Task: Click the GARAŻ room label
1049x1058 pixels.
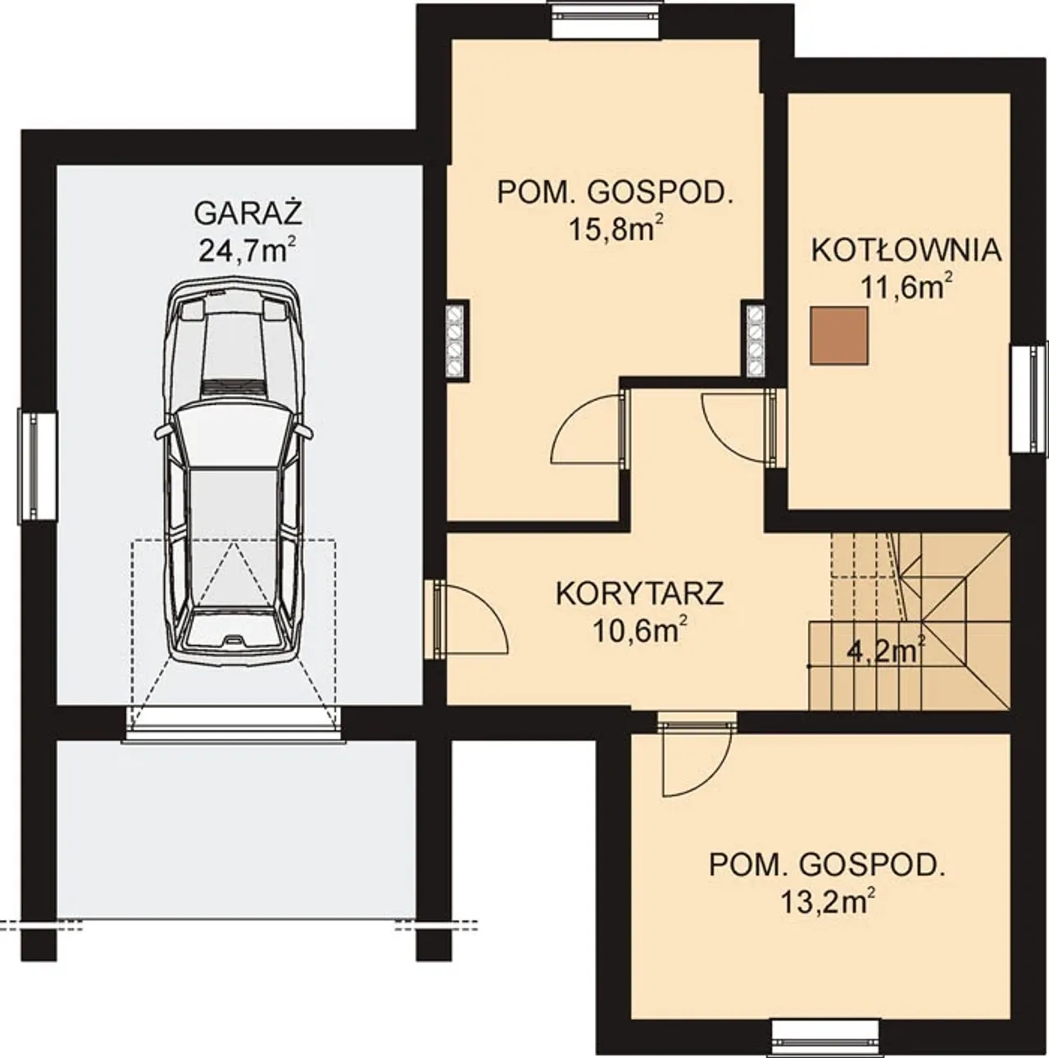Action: pyautogui.click(x=249, y=214)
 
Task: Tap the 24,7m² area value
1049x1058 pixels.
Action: pyautogui.click(x=247, y=250)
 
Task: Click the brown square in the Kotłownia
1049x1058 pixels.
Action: pyautogui.click(x=839, y=335)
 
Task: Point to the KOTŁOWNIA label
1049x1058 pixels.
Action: pyautogui.click(x=906, y=251)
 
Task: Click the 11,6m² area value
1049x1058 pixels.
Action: pyautogui.click(x=906, y=288)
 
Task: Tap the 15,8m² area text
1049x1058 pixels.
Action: pyautogui.click(x=614, y=230)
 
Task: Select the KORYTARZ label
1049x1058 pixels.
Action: pyautogui.click(x=640, y=594)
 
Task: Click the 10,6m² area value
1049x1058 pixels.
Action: pyautogui.click(x=641, y=631)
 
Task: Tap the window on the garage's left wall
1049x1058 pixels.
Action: pyautogui.click(x=38, y=466)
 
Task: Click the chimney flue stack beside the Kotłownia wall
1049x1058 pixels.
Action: pyautogui.click(x=755, y=339)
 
